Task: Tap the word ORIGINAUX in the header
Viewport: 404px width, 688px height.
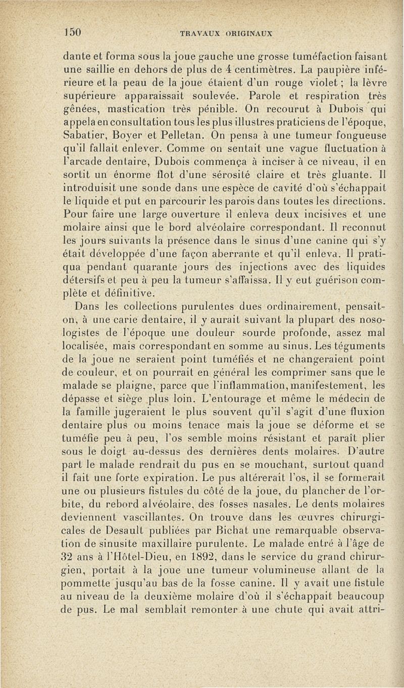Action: click(x=246, y=33)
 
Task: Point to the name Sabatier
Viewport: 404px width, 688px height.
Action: click(x=88, y=136)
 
